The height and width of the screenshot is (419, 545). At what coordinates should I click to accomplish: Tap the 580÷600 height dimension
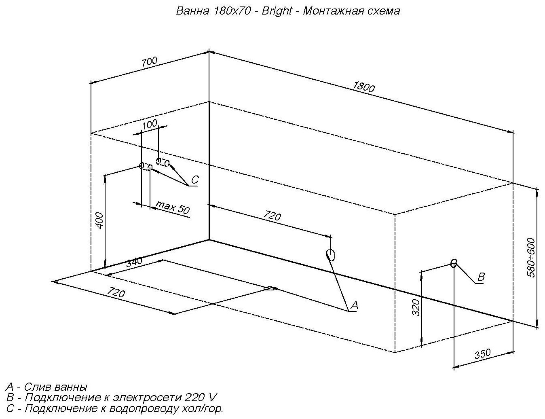531,258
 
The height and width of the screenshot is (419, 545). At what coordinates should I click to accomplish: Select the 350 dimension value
482,354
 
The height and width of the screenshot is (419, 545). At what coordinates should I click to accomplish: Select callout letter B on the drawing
481,277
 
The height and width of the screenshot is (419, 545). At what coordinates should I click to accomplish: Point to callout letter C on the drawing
194,180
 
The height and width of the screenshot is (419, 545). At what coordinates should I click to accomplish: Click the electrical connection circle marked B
454,263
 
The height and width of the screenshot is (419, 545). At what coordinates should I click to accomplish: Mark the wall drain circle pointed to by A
331,255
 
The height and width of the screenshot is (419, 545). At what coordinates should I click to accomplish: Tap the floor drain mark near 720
270,288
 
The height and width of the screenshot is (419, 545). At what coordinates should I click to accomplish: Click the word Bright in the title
277,11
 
